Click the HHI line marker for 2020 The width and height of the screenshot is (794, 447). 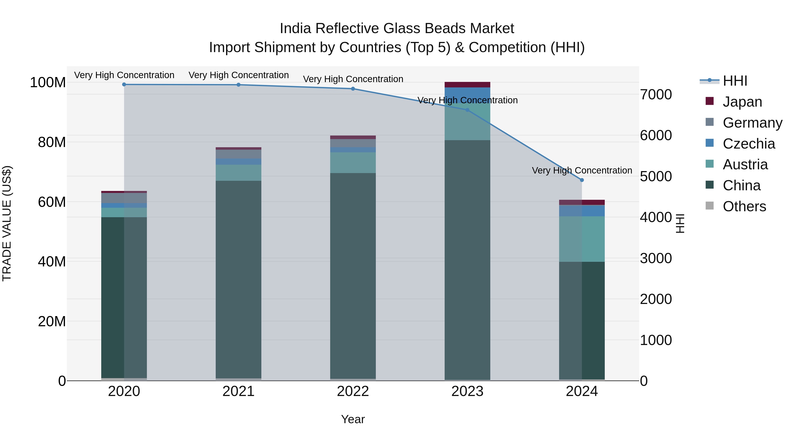coord(124,84)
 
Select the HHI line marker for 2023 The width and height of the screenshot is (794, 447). coord(467,110)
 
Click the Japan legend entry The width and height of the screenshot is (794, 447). coord(742,102)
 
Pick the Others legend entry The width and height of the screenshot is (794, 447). coord(744,206)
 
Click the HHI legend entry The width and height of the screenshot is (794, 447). coord(735,81)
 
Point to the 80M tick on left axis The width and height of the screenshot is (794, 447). coord(52,142)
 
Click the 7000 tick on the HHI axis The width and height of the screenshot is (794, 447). coord(656,94)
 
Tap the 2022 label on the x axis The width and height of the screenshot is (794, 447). coord(353,391)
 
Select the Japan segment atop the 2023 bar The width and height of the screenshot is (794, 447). coord(467,85)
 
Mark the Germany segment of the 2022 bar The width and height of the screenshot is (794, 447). coord(353,143)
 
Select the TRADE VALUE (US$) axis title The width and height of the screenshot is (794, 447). coord(7,223)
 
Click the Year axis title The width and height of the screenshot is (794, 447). coord(353,419)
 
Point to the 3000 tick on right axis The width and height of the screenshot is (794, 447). coord(656,258)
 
